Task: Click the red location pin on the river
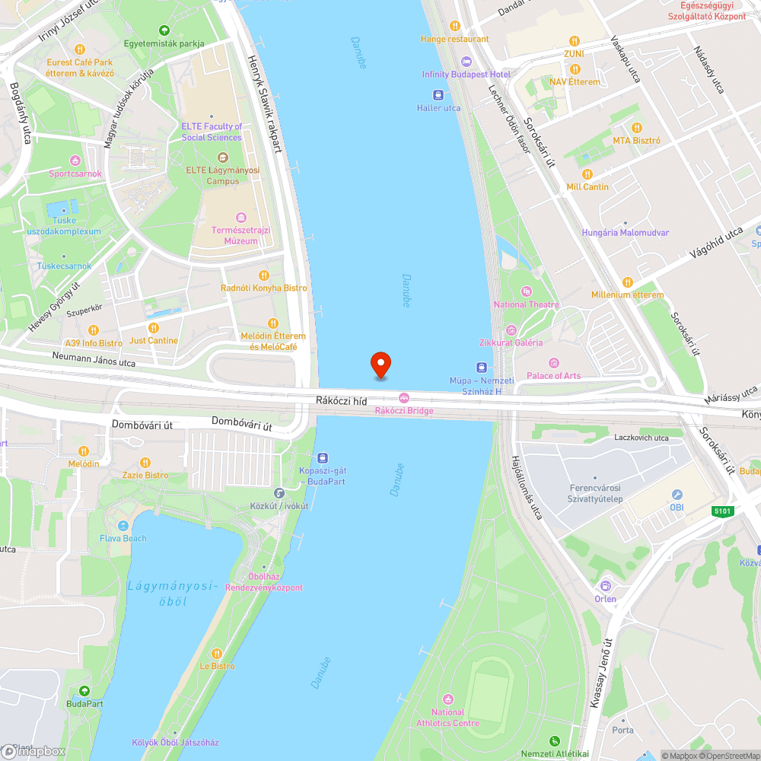380,365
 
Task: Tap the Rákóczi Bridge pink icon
404,397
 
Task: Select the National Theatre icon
526,291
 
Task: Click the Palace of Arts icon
553,362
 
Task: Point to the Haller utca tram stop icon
438,95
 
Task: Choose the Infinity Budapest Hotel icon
466,62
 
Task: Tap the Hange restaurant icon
455,26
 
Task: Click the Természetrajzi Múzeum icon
241,218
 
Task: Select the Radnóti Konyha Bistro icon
264,275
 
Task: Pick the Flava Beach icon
123,526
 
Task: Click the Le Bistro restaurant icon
217,653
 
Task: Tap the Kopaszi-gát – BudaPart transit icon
323,458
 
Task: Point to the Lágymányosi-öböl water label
174,594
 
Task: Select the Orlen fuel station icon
606,585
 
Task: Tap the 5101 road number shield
723,511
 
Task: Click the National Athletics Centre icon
447,699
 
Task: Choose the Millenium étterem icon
627,282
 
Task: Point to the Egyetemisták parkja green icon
164,30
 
